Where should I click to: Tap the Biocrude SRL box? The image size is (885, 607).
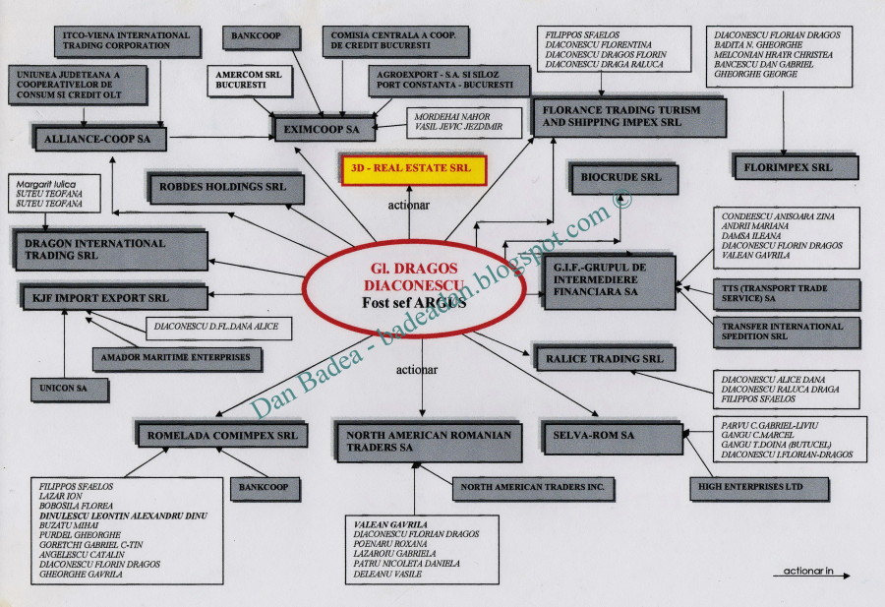tap(622, 178)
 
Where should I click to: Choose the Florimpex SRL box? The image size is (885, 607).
tap(795, 167)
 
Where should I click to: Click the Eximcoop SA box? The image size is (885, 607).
tap(324, 128)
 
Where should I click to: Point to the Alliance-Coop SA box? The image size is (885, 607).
tap(98, 139)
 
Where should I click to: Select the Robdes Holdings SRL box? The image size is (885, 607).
tap(217, 185)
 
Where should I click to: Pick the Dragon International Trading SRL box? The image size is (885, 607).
tap(109, 249)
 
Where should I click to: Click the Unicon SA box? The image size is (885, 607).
tap(68, 389)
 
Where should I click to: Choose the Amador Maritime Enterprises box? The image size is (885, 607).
tap(176, 357)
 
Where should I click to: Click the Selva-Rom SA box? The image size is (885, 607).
tap(610, 434)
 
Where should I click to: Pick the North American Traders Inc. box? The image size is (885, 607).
tap(534, 486)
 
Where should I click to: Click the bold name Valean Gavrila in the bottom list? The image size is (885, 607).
tap(390, 525)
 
